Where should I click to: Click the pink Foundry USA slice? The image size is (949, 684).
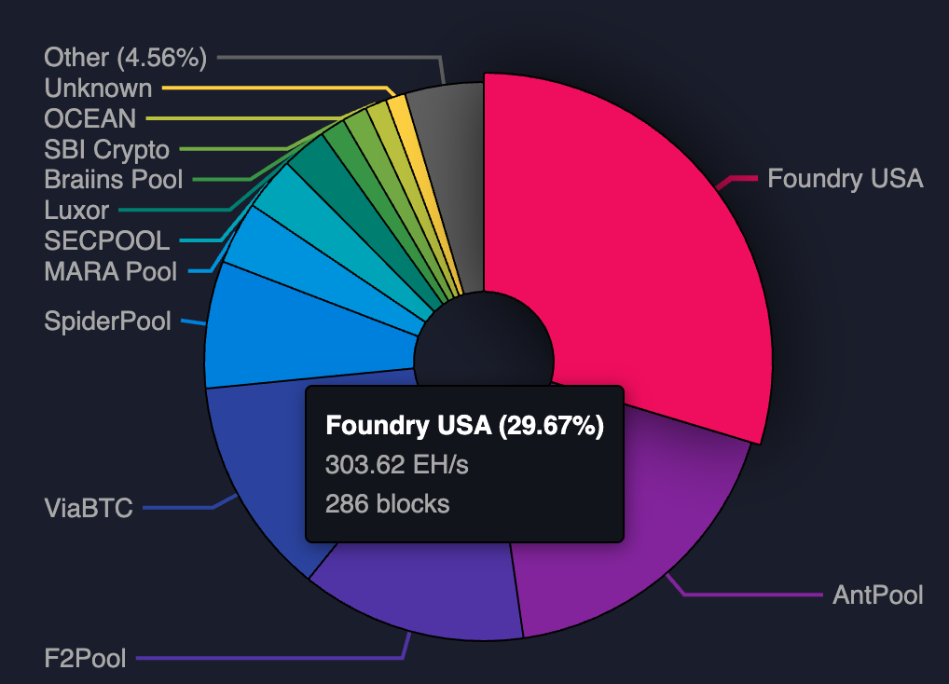click(x=634, y=252)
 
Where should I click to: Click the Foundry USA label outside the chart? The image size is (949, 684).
click(x=845, y=178)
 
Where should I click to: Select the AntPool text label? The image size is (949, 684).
click(x=877, y=595)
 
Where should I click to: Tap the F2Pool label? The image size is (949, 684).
click(x=85, y=659)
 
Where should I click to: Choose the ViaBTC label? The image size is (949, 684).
click(x=89, y=509)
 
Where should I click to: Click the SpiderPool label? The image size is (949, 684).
click(x=107, y=321)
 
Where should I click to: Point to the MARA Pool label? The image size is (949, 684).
click(x=110, y=272)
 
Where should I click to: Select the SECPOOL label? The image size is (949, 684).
click(x=106, y=241)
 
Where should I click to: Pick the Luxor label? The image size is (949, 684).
click(x=76, y=211)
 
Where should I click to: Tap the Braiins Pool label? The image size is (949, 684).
click(x=114, y=180)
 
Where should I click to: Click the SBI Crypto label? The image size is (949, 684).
click(x=106, y=149)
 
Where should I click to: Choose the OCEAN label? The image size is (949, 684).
click(x=89, y=118)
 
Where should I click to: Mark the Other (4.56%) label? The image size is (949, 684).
click(x=125, y=58)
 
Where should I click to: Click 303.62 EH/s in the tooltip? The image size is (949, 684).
click(x=396, y=464)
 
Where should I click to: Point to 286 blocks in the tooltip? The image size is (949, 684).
click(x=387, y=504)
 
